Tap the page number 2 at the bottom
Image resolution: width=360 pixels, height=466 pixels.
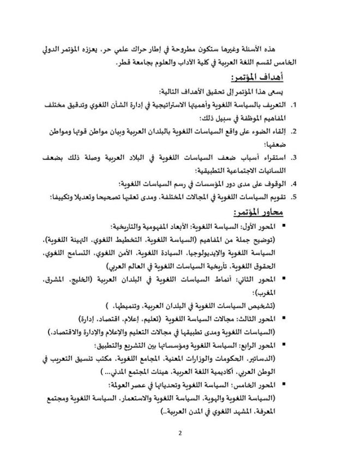click(x=179, y=434)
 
